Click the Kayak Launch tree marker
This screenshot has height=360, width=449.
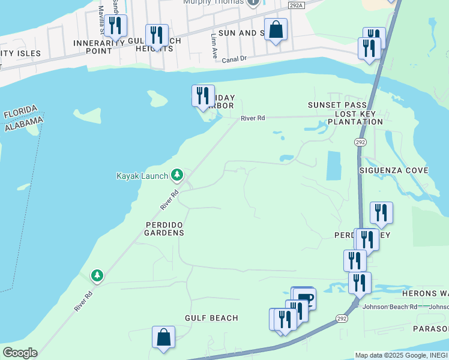pyautogui.click(x=177, y=175)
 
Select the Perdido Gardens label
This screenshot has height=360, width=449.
pyautogui.click(x=164, y=228)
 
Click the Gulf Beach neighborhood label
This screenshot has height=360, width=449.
pyautogui.click(x=211, y=318)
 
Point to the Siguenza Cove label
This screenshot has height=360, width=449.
pyautogui.click(x=393, y=170)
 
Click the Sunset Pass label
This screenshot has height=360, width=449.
pyautogui.click(x=337, y=105)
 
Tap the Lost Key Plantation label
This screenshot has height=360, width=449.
pyautogui.click(x=358, y=118)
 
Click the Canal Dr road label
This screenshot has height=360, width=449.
pyautogui.click(x=234, y=59)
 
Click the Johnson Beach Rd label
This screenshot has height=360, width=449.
pyautogui.click(x=390, y=307)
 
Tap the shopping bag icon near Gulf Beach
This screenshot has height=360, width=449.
pyautogui.click(x=163, y=337)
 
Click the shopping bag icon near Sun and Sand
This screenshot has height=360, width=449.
pyautogui.click(x=276, y=29)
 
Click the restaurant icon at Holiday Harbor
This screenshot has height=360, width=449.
pyautogui.click(x=203, y=95)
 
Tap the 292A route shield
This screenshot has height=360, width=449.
pyautogui.click(x=295, y=5)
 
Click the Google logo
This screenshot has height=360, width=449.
pyautogui.click(x=20, y=353)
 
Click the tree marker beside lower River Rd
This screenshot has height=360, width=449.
pyautogui.click(x=97, y=275)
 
